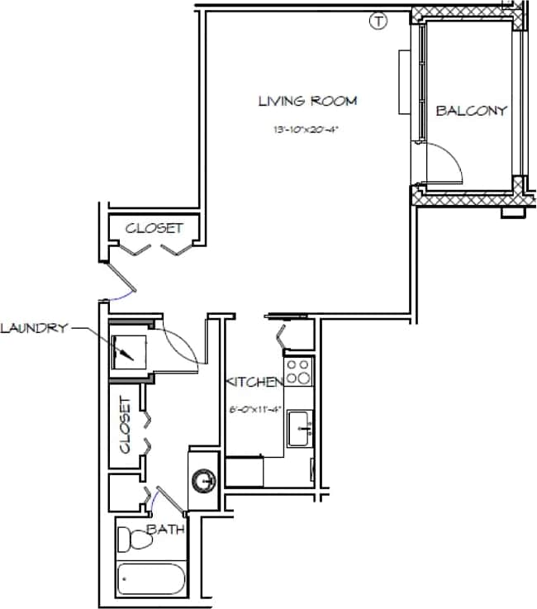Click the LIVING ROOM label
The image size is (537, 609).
coord(307,102)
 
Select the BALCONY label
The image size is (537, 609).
coord(471,111)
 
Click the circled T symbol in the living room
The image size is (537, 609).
coord(378,21)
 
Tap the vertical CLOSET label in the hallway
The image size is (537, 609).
coord(126,424)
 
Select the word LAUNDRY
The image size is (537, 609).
coord(32,328)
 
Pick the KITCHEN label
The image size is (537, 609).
coord(255,382)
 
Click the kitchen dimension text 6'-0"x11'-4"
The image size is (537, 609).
coord(255,408)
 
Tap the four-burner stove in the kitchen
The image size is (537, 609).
coord(298,371)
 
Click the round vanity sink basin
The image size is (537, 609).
coord(203,479)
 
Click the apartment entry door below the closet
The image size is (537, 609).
coord(119,282)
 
